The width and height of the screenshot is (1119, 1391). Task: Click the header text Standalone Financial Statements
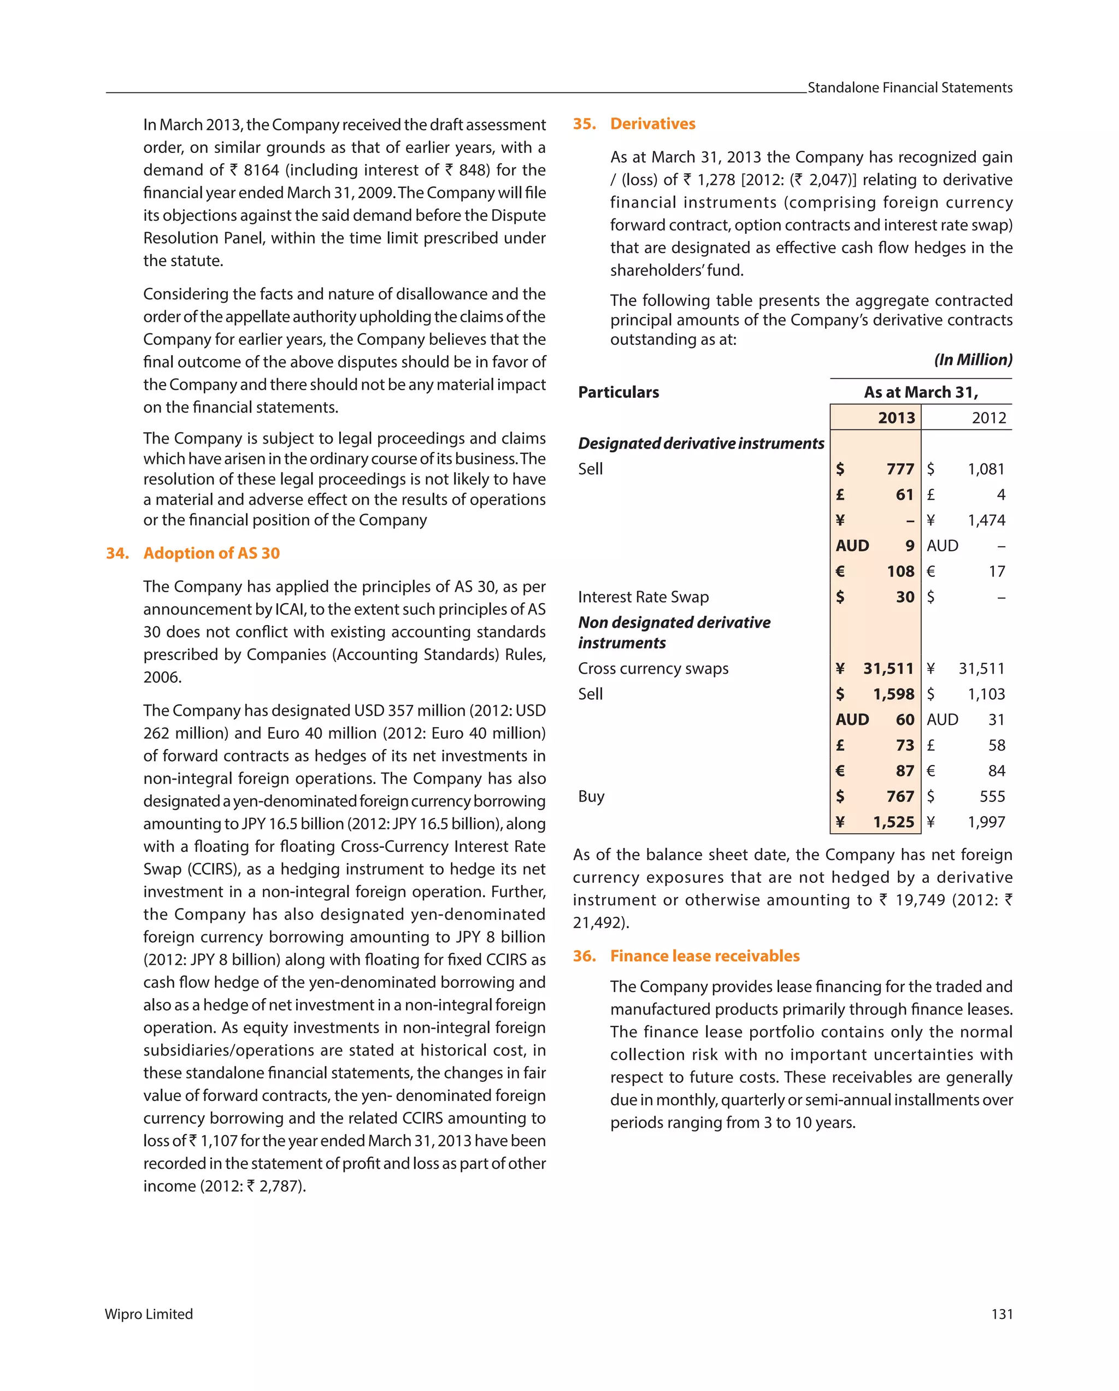[x=909, y=88]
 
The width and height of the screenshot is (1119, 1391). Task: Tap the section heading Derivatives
[x=652, y=124]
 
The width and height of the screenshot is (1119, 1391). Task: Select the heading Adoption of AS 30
[x=211, y=553]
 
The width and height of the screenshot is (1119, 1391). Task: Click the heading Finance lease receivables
[x=705, y=956]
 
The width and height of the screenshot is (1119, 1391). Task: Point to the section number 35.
[x=584, y=124]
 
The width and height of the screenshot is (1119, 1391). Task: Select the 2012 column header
[x=988, y=417]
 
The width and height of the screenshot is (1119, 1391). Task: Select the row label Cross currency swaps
[x=652, y=668]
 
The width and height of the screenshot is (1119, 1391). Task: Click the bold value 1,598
[x=893, y=694]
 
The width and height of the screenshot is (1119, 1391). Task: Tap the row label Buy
[x=591, y=796]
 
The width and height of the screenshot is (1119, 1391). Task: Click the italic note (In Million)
[x=973, y=359]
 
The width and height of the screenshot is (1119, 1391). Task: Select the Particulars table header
[x=617, y=392]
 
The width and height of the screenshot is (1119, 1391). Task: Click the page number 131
[x=1002, y=1314]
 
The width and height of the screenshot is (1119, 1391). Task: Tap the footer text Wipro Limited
[x=149, y=1314]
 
